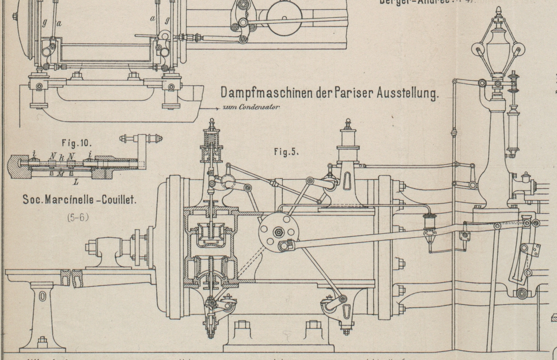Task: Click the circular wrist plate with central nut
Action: pyautogui.click(x=275, y=231)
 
